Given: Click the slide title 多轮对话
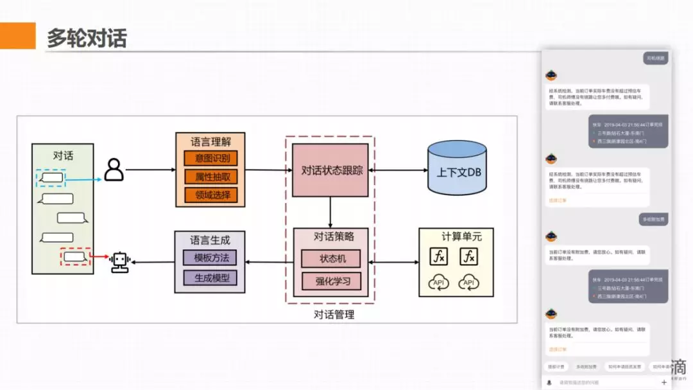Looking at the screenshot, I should pos(87,38).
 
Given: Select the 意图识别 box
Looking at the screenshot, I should pos(211,158).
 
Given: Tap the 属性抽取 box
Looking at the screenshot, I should pos(211,176).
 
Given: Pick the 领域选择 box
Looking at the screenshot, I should pos(211,195).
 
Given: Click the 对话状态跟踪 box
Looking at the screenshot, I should pos(330,170).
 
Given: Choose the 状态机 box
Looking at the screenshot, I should pos(331,258).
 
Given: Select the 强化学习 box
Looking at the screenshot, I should pos(331,281).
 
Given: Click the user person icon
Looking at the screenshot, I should pos(114,170).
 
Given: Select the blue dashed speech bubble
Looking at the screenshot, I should pos(50,177).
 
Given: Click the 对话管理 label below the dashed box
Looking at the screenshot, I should pos(334,314).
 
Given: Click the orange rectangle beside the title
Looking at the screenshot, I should pos(17,36).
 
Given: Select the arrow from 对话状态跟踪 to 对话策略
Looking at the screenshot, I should pos(330,212).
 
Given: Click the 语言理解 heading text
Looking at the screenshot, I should pos(211,141).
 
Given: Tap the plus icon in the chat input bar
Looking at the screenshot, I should pos(663,382).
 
